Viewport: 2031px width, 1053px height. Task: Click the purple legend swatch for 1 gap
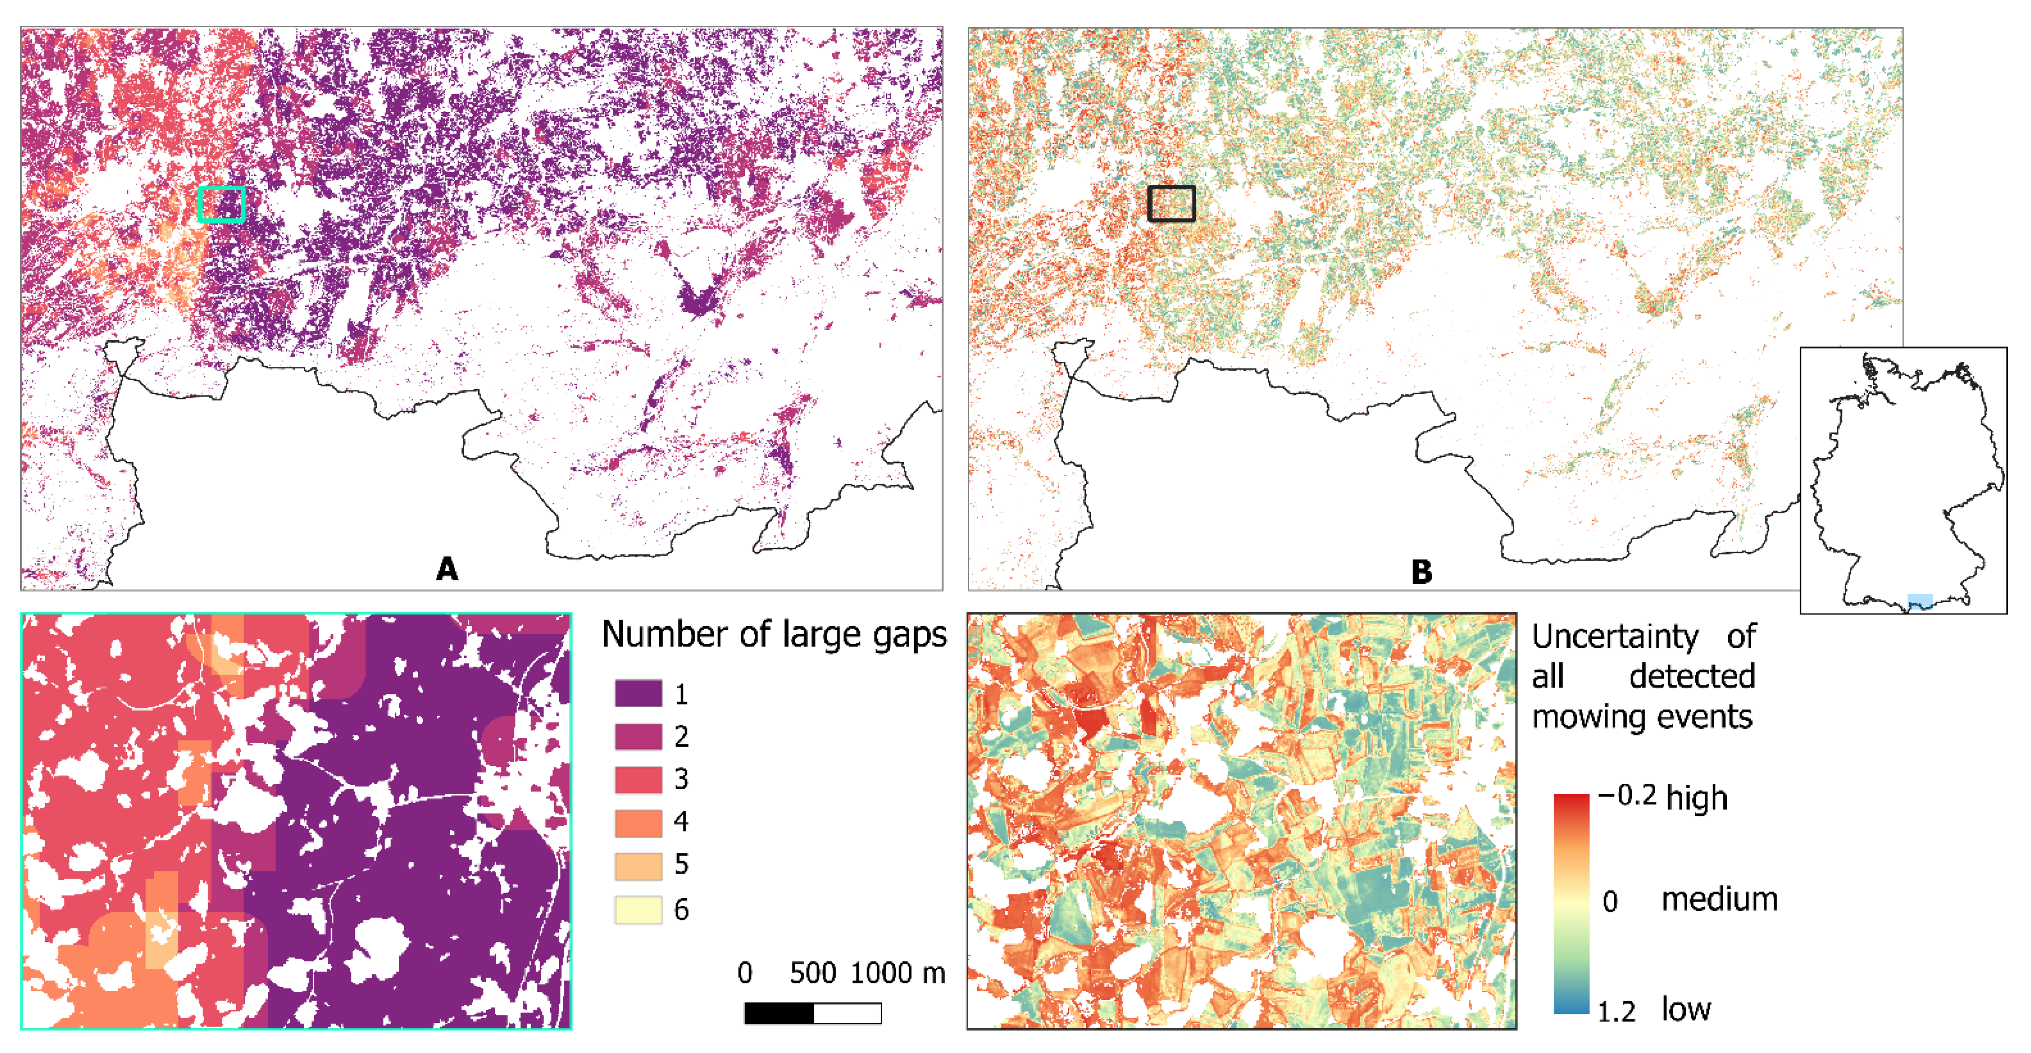(638, 694)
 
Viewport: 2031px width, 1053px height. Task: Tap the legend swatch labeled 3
(638, 779)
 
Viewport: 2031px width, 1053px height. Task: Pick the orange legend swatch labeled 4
(638, 822)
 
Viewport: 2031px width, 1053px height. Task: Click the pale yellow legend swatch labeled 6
(638, 909)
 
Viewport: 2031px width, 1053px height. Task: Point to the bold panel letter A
(447, 568)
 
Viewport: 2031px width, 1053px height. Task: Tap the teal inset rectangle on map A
(221, 204)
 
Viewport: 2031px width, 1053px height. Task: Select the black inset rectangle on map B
(1171, 204)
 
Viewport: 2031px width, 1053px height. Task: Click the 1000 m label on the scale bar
(897, 973)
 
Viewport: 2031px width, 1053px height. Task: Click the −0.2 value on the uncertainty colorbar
(1627, 795)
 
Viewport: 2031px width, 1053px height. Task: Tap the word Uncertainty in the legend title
(1615, 636)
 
